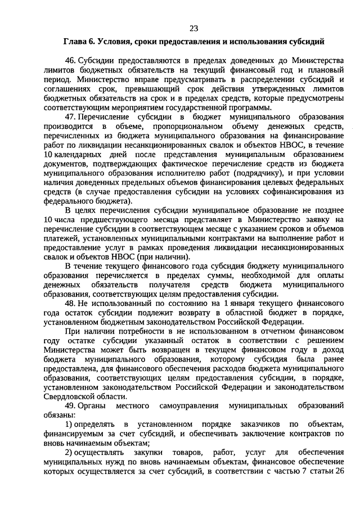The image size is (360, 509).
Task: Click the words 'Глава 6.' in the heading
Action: point(79,42)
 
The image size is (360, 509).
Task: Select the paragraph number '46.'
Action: point(71,61)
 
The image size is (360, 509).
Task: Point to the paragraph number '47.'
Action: point(71,117)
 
